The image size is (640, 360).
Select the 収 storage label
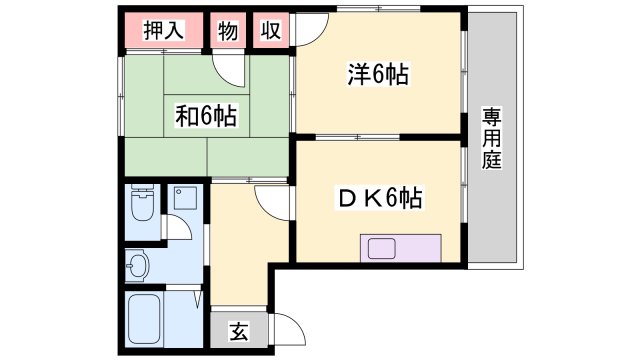click(270, 31)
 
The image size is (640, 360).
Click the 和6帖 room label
click(206, 116)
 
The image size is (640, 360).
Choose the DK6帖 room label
click(377, 198)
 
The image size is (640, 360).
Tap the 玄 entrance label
click(240, 331)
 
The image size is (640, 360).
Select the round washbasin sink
click(139, 267)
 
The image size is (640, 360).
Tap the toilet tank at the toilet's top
click(143, 194)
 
